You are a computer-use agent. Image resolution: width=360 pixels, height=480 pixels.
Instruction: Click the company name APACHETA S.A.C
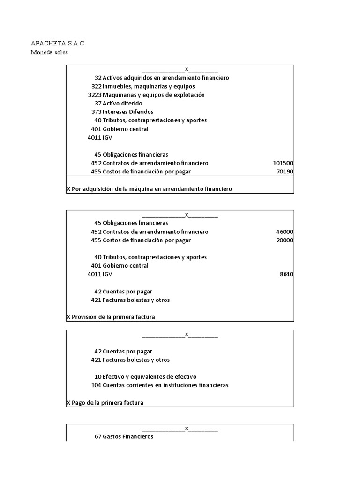pos(57,44)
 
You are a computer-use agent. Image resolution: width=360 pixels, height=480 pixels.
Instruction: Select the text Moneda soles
pos(49,52)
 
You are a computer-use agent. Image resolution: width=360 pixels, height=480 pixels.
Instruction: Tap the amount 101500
pos(283,163)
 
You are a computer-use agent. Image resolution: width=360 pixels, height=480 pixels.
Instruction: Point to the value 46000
pos(285,232)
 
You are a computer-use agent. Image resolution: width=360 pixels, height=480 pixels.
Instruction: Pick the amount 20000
pos(285,240)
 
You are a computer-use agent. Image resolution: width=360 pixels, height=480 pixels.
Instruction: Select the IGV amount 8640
pos(286,274)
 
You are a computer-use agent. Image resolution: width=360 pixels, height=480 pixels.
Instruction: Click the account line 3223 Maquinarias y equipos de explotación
pos(146,95)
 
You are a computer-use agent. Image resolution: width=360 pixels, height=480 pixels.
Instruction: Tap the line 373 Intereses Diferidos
pos(122,112)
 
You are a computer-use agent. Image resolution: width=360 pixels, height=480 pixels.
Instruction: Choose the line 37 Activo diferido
pos(118,103)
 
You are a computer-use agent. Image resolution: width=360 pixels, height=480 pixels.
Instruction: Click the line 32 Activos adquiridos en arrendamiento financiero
pos(162,78)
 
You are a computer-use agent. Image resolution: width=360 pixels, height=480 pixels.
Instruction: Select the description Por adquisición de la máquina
pos(150,189)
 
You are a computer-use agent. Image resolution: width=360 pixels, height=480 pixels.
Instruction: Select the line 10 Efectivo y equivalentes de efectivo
pos(145,377)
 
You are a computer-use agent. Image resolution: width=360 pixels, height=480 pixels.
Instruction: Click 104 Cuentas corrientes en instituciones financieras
pos(160,385)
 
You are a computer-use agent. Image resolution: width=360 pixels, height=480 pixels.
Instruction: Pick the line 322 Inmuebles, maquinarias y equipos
pos(143,86)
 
